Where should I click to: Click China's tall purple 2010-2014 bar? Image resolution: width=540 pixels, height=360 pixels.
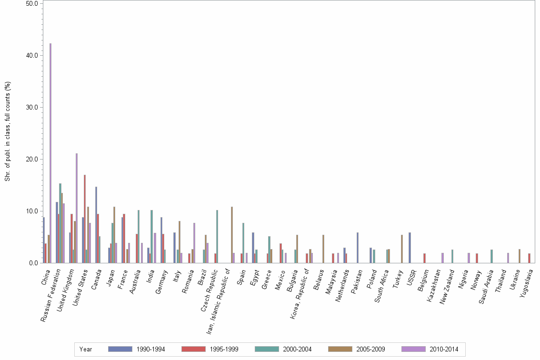coord(50,152)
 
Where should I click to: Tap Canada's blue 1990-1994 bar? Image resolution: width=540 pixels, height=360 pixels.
coord(96,224)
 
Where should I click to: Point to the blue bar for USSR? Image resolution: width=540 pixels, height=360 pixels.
coord(410,247)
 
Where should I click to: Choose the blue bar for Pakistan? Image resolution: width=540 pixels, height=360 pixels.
coord(358,247)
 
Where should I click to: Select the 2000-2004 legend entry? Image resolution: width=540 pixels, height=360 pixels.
coord(283,350)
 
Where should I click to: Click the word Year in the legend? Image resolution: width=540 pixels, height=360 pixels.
coord(86,350)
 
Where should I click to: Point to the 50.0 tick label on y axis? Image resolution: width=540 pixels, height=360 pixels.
coord(31,3)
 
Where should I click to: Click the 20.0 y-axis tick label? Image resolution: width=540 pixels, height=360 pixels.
coord(31,159)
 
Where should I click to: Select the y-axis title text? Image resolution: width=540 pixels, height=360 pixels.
coord(7,131)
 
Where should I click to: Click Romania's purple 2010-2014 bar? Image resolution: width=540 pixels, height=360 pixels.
coord(194,242)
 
